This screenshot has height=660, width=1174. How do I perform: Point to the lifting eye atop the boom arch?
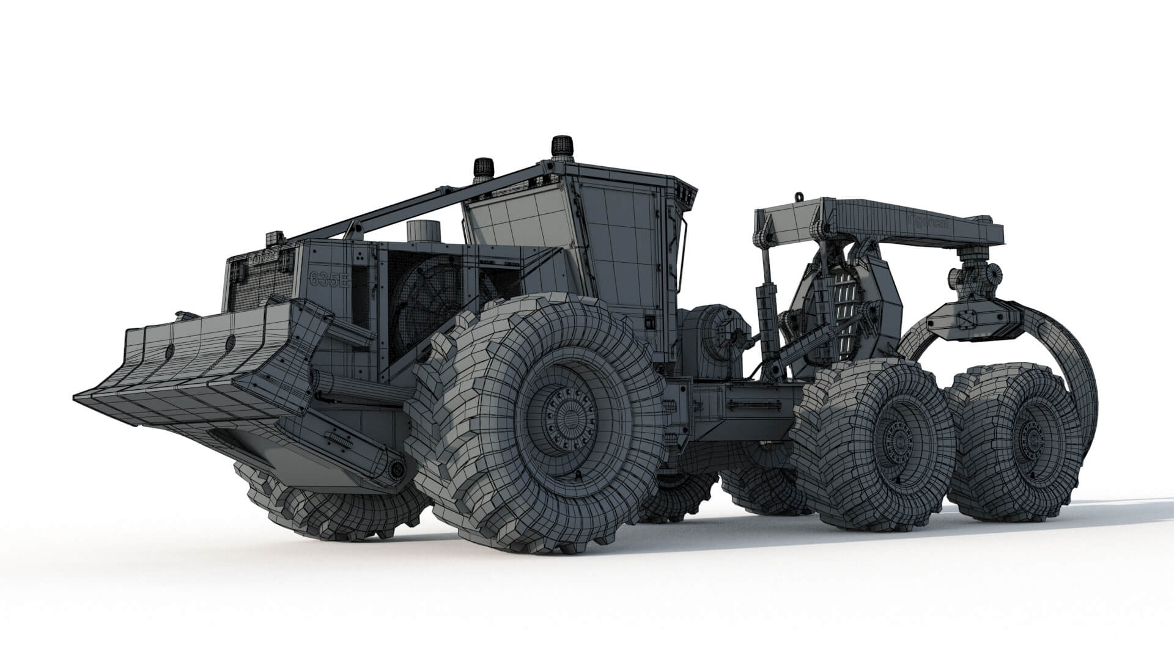[x=797, y=197]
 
